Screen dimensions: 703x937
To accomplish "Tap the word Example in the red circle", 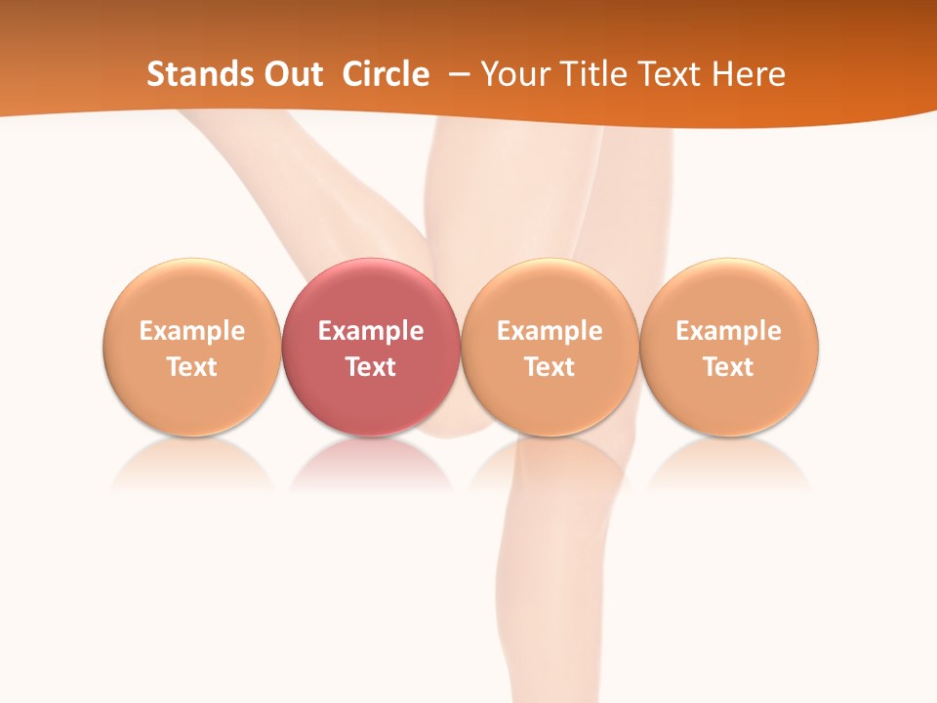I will [371, 331].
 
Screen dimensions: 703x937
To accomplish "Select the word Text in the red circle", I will [371, 367].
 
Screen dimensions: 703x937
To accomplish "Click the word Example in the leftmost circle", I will [192, 331].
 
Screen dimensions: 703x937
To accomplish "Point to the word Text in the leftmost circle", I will [192, 367].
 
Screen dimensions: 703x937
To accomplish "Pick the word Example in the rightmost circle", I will [729, 331].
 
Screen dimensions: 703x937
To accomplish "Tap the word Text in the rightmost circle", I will [729, 367].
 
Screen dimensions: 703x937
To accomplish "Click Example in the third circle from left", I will [550, 331].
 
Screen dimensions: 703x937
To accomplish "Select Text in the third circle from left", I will [550, 367].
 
